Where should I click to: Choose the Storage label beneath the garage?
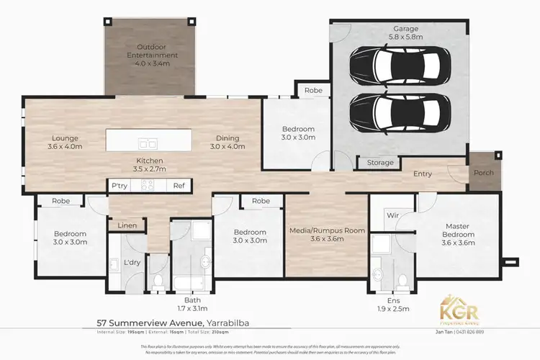(x=380, y=163)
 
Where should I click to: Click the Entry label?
(x=423, y=174)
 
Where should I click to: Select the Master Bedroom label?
(x=458, y=234)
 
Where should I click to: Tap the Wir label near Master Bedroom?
(x=393, y=214)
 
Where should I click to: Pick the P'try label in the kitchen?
(x=120, y=186)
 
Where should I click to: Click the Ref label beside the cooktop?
(x=179, y=186)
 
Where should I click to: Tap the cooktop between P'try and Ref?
(x=149, y=186)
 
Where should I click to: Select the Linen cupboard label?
(x=126, y=226)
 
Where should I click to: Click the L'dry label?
(x=132, y=263)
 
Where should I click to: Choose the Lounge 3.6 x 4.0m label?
(x=65, y=143)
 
